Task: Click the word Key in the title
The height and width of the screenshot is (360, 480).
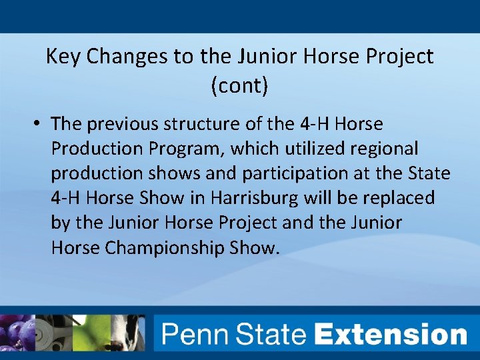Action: (63, 57)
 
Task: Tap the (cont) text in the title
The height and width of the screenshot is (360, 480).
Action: (239, 86)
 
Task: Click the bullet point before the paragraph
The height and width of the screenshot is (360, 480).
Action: (39, 124)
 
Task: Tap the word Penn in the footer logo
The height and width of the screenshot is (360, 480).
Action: (193, 333)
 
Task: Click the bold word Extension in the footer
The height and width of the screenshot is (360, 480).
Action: (391, 333)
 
